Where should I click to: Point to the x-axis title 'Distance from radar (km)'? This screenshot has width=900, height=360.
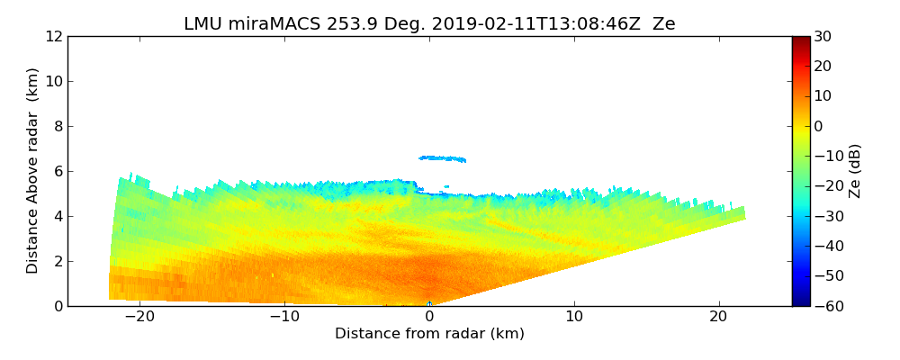pos(429,334)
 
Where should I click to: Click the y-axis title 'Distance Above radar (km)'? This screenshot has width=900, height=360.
pos(33,171)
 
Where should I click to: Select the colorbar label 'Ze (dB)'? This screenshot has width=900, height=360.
pos(855,171)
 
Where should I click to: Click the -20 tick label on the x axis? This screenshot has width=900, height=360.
pos(139,318)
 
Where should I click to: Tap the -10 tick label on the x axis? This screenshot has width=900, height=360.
pos(284,318)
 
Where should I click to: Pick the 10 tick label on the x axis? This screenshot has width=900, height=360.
pos(574,318)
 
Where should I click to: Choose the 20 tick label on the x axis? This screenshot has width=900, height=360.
pos(719,318)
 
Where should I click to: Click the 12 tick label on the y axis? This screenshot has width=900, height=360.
pos(52,36)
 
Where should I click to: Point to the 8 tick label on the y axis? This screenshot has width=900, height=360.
pos(57,126)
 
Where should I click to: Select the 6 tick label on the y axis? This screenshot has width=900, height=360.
pos(57,171)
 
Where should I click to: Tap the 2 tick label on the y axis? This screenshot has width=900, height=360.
pos(57,261)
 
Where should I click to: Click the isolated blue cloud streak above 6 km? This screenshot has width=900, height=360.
pos(443,158)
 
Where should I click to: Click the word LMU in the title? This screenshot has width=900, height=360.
pos(202,24)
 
